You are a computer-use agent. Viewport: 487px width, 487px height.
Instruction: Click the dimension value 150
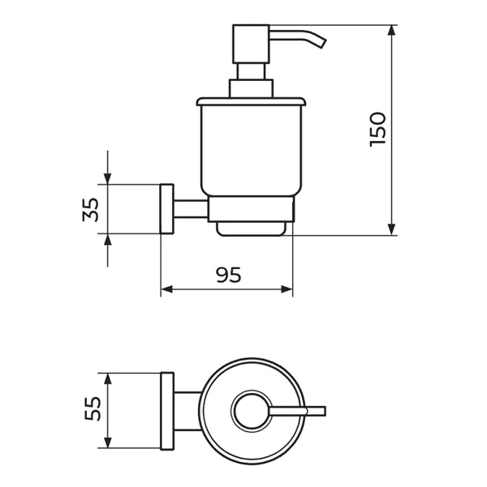coord(377,129)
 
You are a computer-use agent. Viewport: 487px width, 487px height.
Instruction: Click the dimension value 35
coord(91,210)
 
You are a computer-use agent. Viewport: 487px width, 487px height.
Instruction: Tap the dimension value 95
coord(229,275)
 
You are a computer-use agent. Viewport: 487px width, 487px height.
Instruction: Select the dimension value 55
coord(93,408)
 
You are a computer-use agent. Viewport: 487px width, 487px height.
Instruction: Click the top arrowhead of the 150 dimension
coord(392,30)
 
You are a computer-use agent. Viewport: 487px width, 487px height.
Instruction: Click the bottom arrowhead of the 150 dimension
coord(392,230)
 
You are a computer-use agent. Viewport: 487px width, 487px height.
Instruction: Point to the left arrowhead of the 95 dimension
coord(166,289)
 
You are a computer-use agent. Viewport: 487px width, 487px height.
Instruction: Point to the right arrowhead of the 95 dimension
coord(287,289)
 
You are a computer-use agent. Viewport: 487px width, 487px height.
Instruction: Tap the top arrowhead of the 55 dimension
coord(108,379)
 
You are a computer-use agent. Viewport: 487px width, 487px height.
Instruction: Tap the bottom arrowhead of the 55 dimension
coord(108,442)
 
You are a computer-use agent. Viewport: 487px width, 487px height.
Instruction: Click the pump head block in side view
coord(251,44)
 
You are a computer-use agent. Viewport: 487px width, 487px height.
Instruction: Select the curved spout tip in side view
coord(322,43)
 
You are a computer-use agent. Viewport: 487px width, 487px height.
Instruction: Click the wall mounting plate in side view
coord(166,209)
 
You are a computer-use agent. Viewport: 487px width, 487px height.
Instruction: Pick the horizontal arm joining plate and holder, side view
coord(191,209)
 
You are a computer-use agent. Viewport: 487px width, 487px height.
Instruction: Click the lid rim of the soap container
coord(251,101)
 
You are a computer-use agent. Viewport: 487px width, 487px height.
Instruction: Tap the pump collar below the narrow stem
coord(251,88)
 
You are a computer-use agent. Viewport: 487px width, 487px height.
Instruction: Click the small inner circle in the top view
coord(252,411)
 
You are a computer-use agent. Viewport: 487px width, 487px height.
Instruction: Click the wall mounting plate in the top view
coord(167,411)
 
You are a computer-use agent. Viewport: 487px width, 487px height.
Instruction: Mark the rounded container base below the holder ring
coord(251,229)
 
